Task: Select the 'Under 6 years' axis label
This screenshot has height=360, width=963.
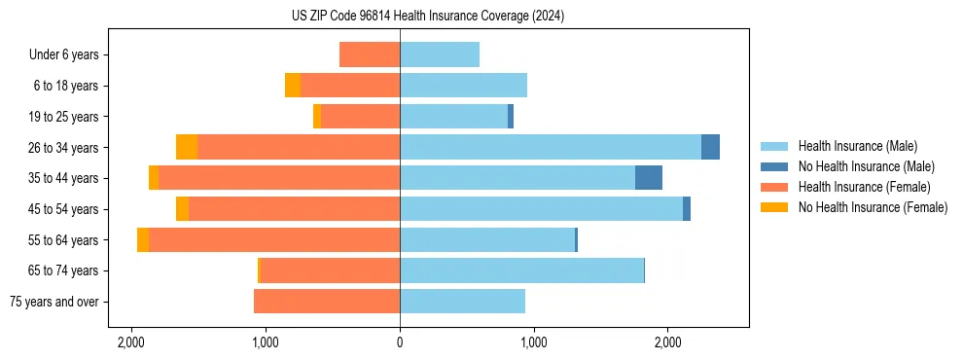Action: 70,54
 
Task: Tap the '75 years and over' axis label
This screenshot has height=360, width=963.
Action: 53,302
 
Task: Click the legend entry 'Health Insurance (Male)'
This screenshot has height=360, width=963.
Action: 857,146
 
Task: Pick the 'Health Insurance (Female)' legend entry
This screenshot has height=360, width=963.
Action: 864,187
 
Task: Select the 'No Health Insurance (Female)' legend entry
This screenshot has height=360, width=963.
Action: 873,207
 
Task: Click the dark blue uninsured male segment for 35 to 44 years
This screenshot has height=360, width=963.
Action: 649,178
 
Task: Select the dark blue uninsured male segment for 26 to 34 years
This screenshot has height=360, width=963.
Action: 710,147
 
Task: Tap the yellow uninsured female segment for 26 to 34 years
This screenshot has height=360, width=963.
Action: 187,147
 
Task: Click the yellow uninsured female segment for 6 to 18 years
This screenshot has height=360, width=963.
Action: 293,86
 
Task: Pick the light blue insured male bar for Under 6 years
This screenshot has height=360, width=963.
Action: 440,54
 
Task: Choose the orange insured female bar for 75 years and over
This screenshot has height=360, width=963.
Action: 327,302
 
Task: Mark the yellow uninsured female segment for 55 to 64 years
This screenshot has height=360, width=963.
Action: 143,239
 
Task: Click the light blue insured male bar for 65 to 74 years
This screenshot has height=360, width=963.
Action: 521,270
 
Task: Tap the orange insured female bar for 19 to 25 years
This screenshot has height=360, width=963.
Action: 360,117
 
